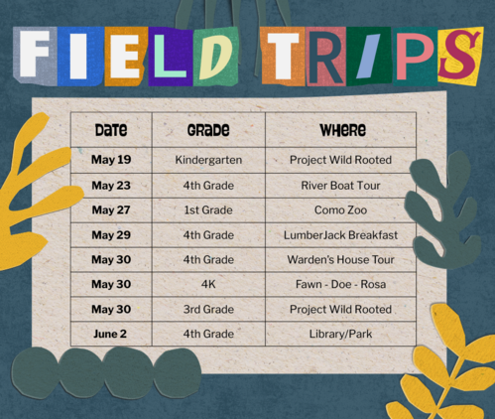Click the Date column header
[111, 130]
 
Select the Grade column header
[208, 130]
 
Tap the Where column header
[343, 130]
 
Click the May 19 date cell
[111, 160]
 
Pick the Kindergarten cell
[208, 160]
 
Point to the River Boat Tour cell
[340, 186]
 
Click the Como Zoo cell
[340, 209]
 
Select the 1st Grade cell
[208, 209]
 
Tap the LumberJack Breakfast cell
[340, 235]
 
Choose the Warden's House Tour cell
[340, 259]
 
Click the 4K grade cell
[208, 284]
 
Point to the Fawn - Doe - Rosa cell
[340, 284]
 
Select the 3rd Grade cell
[208, 309]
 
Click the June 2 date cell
[110, 334]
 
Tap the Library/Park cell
[340, 334]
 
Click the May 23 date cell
[111, 186]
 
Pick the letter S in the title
[459, 55]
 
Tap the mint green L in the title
[170, 56]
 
